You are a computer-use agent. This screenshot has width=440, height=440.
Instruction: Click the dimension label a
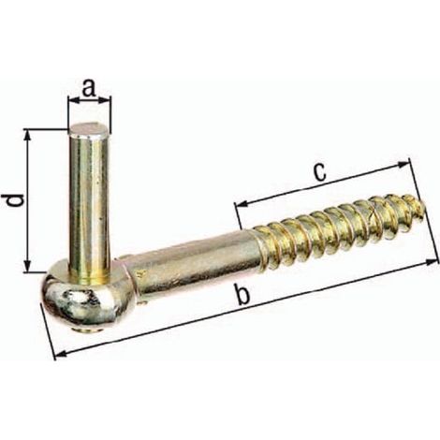89,88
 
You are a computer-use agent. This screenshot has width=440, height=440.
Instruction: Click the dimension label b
242,295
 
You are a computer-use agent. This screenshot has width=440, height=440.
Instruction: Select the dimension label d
15,200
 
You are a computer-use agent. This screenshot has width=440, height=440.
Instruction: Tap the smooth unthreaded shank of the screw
194,260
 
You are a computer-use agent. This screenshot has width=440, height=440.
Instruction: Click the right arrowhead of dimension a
106,100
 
